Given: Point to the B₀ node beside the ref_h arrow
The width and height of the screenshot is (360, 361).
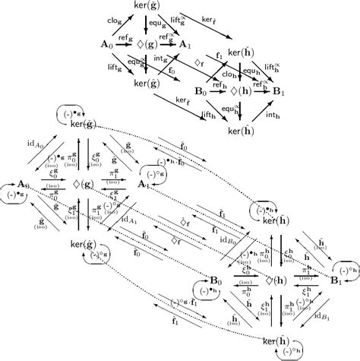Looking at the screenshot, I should click(x=201, y=90).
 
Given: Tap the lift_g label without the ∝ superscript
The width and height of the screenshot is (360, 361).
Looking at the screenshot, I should click(x=112, y=70).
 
